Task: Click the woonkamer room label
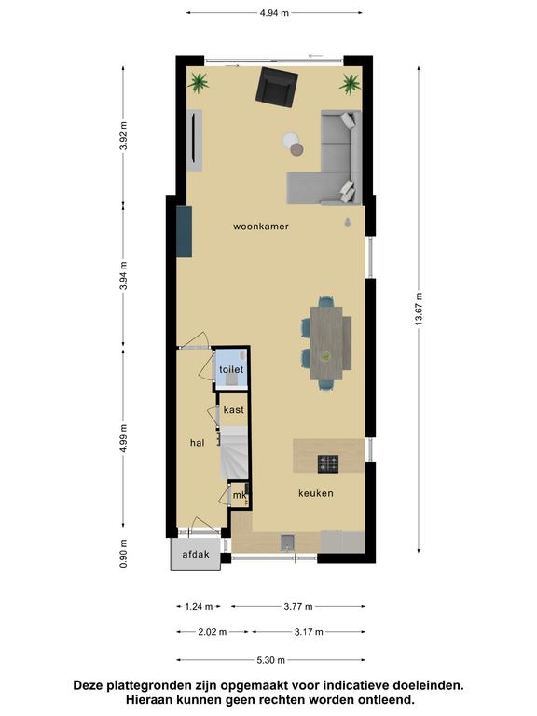point(261,227)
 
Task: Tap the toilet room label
point(231,369)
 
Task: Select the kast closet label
point(234,410)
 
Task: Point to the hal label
point(198,443)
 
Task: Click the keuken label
point(315,493)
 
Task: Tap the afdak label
point(196,555)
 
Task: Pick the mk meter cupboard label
point(240,495)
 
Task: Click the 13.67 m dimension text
point(419,309)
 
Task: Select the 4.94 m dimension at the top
point(274,13)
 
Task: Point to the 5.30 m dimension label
point(270,660)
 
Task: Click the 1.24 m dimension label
point(199,607)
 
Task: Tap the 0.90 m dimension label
point(123,554)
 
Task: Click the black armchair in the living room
point(277,87)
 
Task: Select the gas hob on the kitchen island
point(328,464)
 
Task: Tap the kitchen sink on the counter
point(288,542)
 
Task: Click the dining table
point(326,343)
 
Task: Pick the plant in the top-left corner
point(199,83)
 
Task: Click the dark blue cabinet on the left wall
point(184,231)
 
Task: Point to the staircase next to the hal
point(235,452)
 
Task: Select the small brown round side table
point(297,149)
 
